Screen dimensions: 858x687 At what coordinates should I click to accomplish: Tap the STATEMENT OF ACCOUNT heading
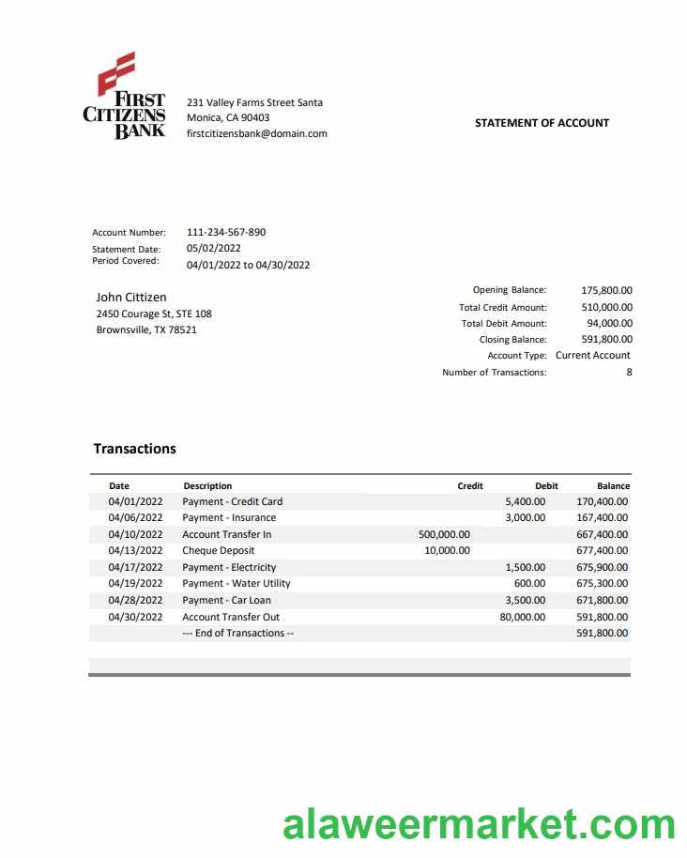(542, 123)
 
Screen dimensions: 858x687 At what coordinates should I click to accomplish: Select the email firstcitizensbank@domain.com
(257, 133)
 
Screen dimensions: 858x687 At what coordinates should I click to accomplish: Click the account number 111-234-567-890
(226, 232)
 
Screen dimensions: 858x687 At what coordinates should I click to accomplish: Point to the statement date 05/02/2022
(214, 249)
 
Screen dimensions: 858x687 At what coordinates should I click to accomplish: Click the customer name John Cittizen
(131, 298)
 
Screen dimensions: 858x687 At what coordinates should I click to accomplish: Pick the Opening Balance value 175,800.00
(606, 291)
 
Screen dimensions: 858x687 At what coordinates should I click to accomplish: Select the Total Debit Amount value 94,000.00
(609, 323)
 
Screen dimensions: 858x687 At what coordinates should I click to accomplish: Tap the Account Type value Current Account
(593, 355)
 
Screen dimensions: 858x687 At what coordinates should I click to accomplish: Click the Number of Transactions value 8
(629, 372)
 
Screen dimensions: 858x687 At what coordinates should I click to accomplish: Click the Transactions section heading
(135, 449)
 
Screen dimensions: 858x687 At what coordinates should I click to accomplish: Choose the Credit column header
(470, 486)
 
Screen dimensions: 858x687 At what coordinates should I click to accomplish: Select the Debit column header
(546, 486)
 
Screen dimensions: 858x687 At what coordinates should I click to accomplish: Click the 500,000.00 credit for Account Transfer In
(444, 534)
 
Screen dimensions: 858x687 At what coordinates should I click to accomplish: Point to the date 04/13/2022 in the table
(135, 551)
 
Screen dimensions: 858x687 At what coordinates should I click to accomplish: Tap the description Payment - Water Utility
(237, 583)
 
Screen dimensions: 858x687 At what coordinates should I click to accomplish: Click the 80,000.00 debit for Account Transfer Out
(522, 617)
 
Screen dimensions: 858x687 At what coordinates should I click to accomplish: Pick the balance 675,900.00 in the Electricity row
(602, 567)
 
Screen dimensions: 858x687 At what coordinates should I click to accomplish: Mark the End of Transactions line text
(238, 633)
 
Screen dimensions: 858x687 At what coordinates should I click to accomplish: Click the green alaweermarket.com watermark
(479, 825)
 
